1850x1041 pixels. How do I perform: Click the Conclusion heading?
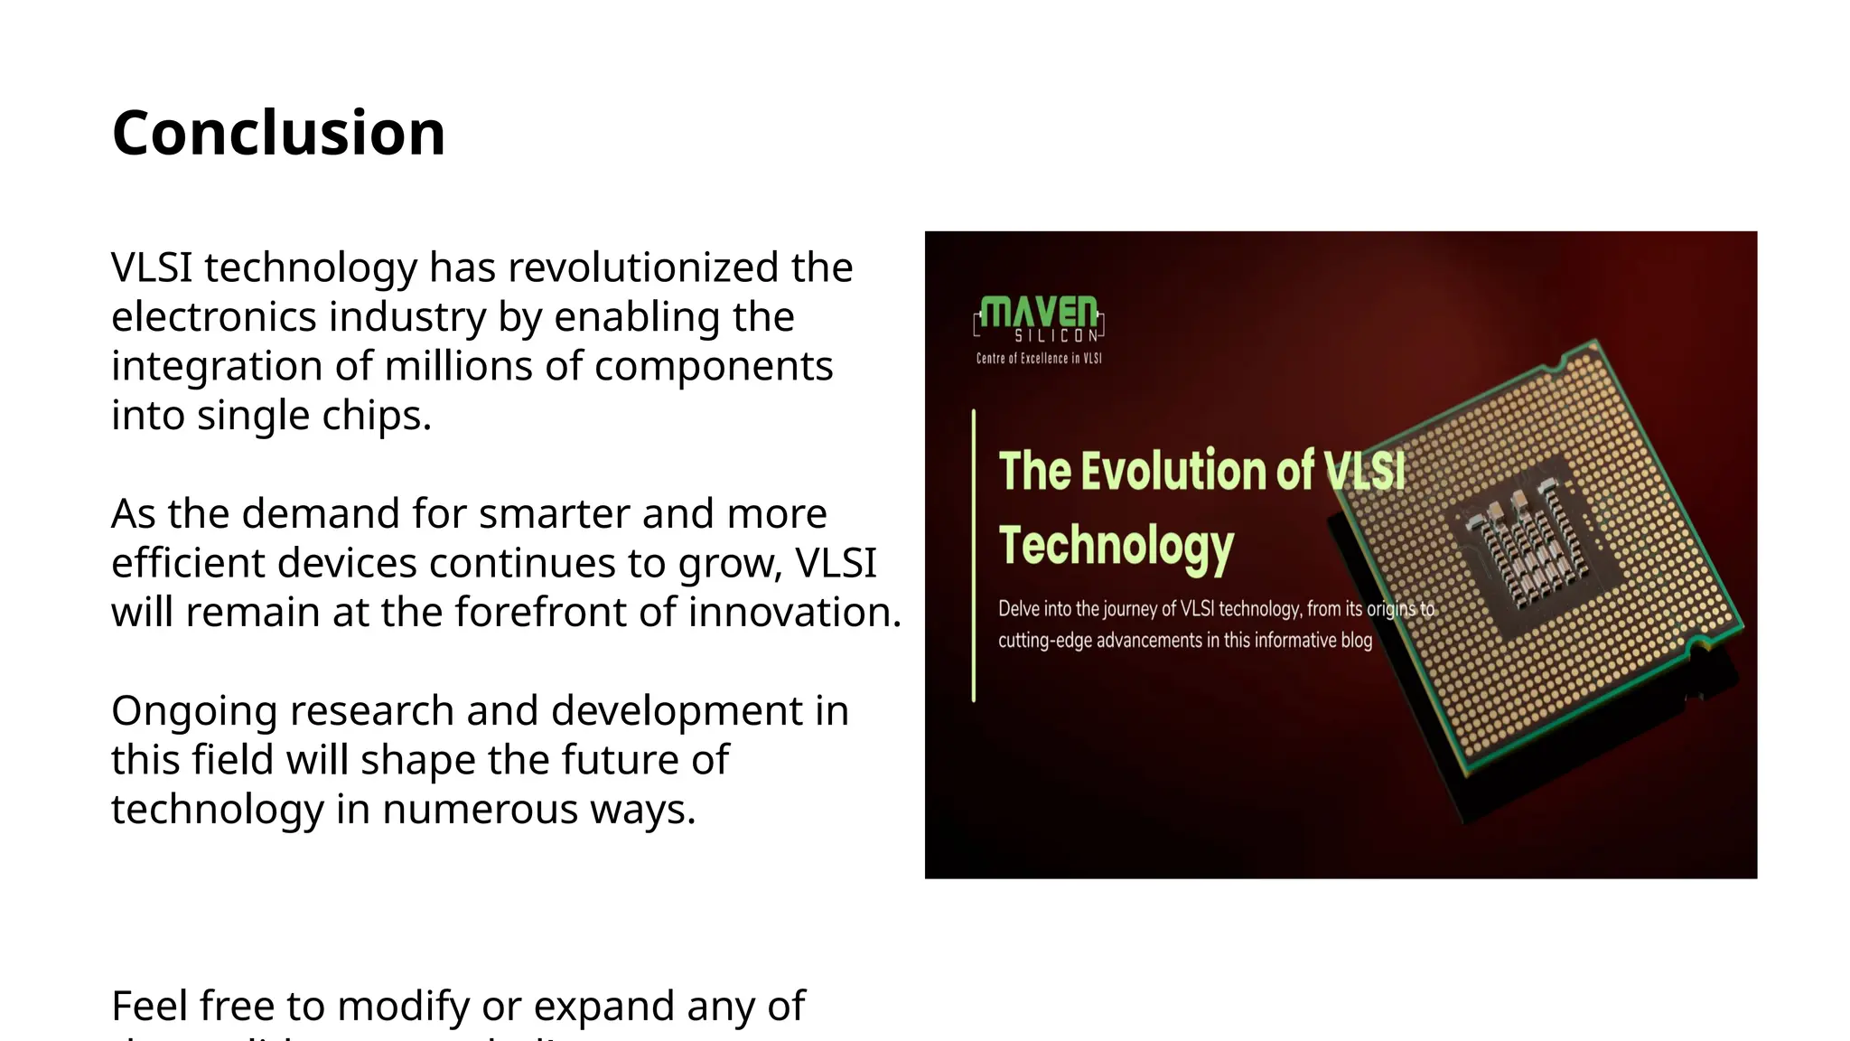click(x=278, y=134)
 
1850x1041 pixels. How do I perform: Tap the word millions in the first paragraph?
click(x=459, y=367)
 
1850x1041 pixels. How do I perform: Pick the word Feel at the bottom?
click(x=149, y=1007)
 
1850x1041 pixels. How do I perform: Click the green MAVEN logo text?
click(x=1039, y=312)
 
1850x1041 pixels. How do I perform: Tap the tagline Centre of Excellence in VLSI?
click(x=1039, y=359)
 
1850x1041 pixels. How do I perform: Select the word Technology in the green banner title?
click(x=1116, y=547)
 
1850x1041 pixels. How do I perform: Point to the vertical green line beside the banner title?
click(x=974, y=556)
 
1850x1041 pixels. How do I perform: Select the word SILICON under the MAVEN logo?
click(x=1056, y=336)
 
